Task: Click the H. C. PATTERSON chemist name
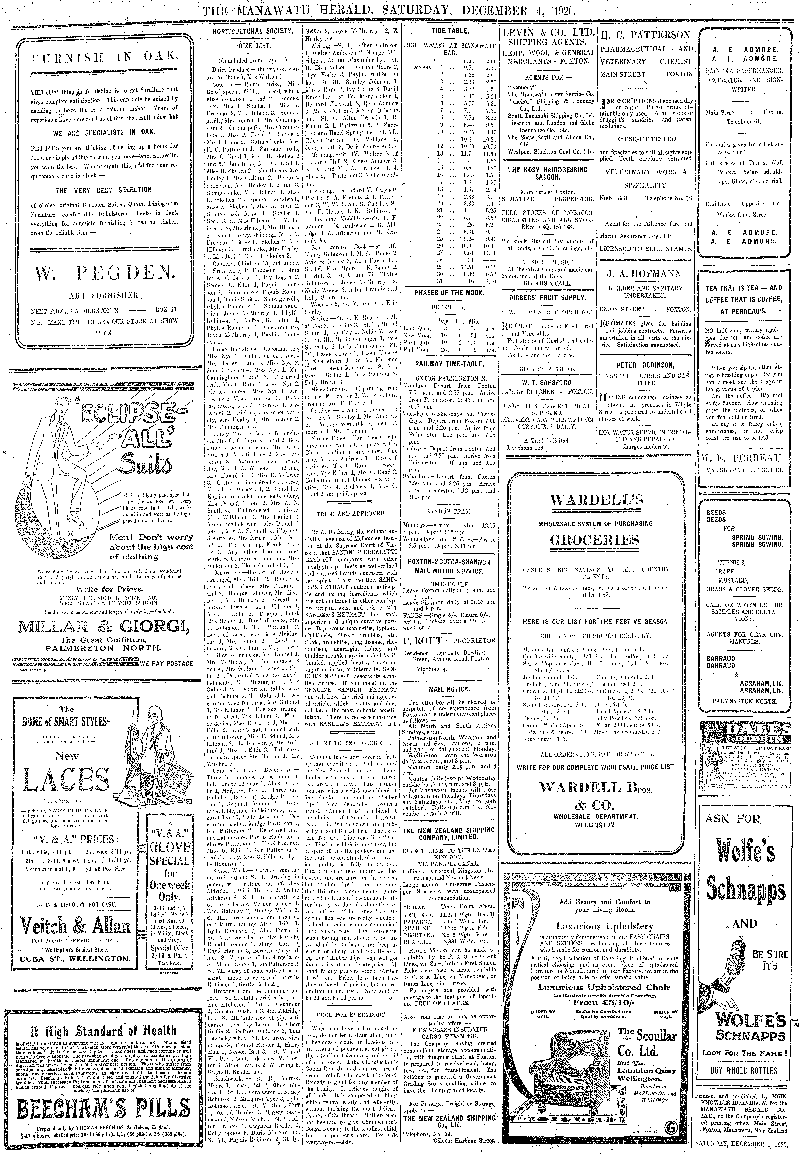click(646, 35)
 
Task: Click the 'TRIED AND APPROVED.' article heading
click(350, 514)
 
